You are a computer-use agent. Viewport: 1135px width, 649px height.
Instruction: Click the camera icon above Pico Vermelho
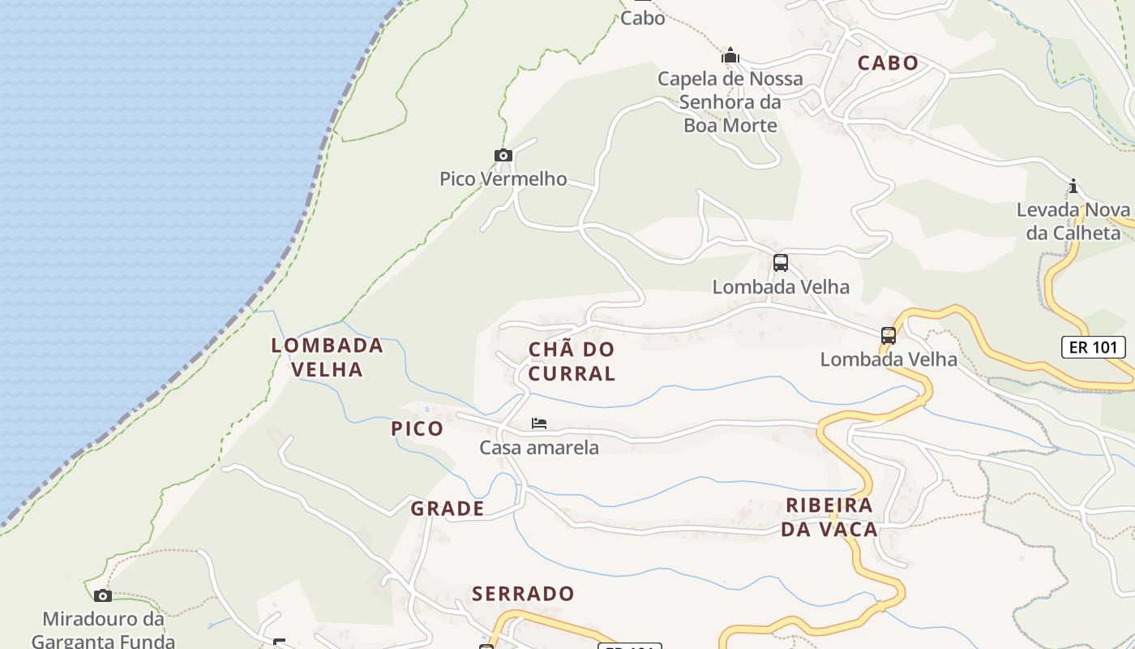(x=503, y=155)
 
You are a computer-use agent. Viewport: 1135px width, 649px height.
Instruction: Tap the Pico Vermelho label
(x=503, y=178)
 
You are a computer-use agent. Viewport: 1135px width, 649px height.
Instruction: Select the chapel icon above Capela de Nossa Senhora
(x=730, y=55)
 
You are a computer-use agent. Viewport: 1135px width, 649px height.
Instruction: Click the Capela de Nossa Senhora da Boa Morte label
(x=730, y=101)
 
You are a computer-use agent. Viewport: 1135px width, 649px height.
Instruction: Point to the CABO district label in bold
(x=888, y=63)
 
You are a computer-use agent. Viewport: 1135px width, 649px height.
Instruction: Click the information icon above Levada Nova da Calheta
(x=1073, y=187)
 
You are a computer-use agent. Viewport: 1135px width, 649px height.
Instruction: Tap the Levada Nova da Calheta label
(x=1073, y=221)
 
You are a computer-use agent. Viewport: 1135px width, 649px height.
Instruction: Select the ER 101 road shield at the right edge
(x=1094, y=347)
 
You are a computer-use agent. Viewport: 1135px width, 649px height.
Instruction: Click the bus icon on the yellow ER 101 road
(x=889, y=335)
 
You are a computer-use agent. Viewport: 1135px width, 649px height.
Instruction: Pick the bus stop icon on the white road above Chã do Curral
(x=780, y=263)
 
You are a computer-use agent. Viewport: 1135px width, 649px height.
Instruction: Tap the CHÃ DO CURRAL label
(x=572, y=361)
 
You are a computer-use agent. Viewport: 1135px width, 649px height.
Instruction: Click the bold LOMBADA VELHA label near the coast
(x=327, y=357)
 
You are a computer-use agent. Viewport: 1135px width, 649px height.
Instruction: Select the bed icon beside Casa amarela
(x=539, y=423)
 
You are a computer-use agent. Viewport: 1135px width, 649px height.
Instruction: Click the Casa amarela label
(x=539, y=447)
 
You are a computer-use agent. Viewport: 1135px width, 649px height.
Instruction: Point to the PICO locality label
(x=418, y=428)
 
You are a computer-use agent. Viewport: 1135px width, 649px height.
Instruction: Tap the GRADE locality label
(x=448, y=509)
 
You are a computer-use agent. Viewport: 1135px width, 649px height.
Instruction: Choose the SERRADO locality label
(x=523, y=594)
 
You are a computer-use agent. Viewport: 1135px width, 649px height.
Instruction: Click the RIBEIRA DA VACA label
(x=831, y=518)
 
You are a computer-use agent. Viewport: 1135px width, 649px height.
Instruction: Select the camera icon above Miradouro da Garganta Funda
(x=102, y=595)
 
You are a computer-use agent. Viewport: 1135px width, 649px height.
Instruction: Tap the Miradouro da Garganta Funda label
(x=103, y=630)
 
